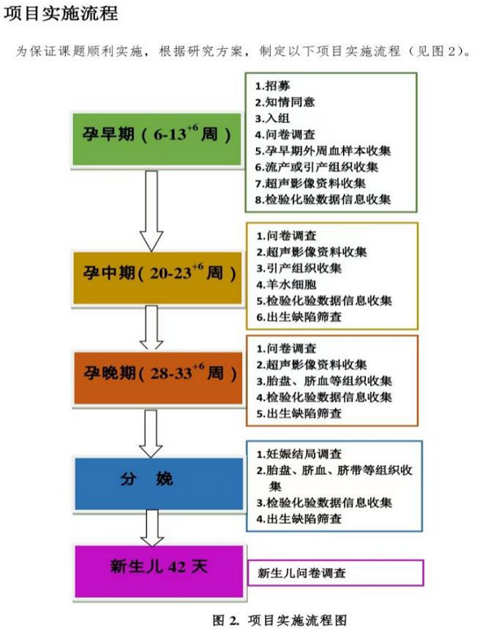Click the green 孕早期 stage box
click(157, 140)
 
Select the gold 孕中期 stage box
click(158, 278)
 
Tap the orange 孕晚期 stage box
click(159, 378)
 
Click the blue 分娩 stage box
click(159, 484)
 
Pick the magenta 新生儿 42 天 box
click(159, 572)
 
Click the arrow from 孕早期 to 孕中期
click(151, 211)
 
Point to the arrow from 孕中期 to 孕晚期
click(151, 328)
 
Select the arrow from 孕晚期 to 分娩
click(150, 433)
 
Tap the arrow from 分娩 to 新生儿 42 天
click(152, 529)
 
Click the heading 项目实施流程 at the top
click(61, 13)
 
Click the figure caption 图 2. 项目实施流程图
click(280, 620)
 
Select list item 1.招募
click(272, 86)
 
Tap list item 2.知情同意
click(285, 102)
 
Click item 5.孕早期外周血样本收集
click(323, 150)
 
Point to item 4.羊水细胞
click(287, 285)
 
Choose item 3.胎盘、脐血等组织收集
click(324, 381)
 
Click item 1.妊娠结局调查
click(299, 454)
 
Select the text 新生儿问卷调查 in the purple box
click(302, 572)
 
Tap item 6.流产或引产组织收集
click(316, 168)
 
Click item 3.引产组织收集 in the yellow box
click(299, 268)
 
